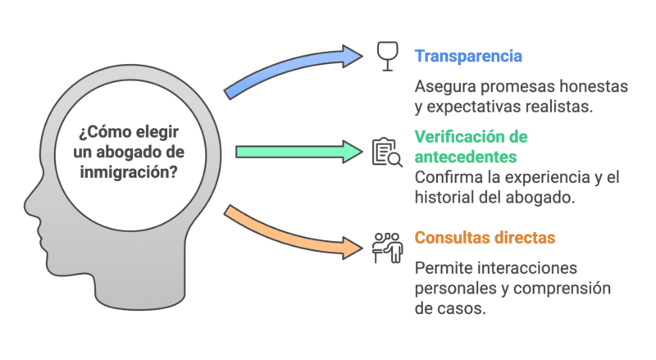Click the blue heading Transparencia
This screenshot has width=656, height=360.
pyautogui.click(x=469, y=57)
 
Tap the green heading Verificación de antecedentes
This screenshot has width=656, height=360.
pyautogui.click(x=471, y=145)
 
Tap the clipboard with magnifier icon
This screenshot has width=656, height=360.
pyautogui.click(x=387, y=153)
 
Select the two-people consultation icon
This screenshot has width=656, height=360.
pyautogui.click(x=387, y=246)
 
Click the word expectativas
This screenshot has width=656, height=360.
pyautogui.click(x=478, y=107)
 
